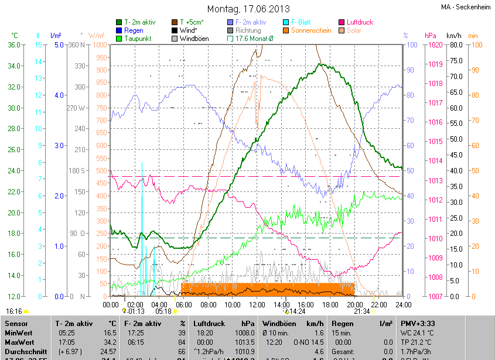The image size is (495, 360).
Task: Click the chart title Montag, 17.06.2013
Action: coord(248,9)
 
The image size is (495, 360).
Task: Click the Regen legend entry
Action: coord(133,30)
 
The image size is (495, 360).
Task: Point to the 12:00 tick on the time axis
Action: coord(257,304)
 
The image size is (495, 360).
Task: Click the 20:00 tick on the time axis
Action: coord(354,304)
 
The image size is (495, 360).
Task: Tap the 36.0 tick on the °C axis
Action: coord(14,45)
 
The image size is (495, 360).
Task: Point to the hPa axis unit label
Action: coord(430,36)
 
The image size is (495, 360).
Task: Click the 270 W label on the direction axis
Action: coord(76,108)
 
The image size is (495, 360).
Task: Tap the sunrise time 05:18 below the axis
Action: coord(163,311)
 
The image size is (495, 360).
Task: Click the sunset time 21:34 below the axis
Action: coord(362,311)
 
